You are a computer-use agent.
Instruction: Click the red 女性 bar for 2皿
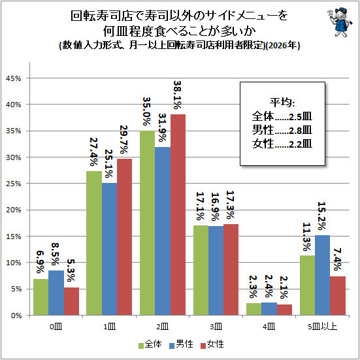coord(178,215)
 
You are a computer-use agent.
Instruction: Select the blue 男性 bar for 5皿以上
coord(322,275)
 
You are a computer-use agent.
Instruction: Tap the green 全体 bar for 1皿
coord(94,243)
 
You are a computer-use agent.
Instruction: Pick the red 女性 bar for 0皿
coord(71,301)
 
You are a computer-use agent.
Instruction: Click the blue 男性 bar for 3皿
coord(216,270)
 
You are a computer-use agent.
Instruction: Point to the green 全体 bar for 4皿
coord(254,309)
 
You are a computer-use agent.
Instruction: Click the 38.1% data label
coord(178,95)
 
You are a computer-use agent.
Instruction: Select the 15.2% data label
coord(321,216)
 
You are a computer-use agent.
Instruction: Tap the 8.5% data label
coord(55,254)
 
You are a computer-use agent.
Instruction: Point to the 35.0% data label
coord(147,111)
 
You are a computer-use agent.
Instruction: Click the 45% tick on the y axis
coord(14,79)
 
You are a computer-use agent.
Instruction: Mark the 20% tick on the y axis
coord(14,210)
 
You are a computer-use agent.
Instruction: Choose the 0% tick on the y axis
coord(16,316)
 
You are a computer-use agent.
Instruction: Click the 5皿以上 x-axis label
coord(322,327)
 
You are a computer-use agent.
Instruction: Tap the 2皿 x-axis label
coord(162,327)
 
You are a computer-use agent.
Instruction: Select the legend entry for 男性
coord(181,344)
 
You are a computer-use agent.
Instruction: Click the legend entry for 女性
coord(212,344)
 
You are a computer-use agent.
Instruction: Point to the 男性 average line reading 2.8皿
coord(282,131)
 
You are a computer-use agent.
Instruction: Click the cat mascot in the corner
coord(340,22)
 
